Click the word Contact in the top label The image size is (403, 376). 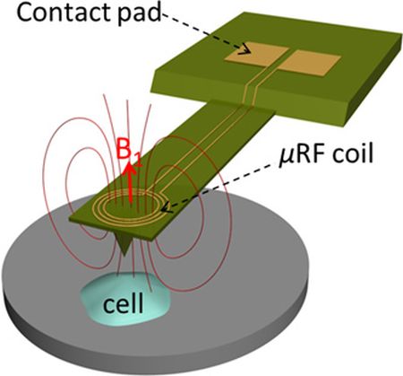coord(64,13)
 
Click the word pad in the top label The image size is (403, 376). coord(140,13)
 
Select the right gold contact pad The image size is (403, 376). coord(310,62)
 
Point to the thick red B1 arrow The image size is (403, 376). coord(130,183)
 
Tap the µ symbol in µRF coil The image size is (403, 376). coord(285,156)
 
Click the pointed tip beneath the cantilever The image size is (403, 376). coord(124,254)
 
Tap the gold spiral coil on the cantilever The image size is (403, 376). coord(128,206)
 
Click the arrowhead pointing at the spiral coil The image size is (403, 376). coord(167,207)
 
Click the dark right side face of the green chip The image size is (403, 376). coord(373,87)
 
